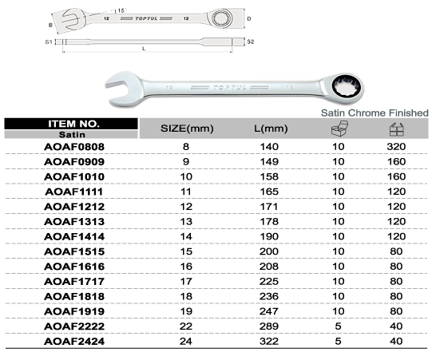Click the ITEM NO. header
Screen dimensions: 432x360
point(73,124)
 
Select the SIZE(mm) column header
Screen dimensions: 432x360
point(187,129)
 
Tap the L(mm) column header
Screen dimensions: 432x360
point(271,129)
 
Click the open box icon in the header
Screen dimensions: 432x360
point(339,129)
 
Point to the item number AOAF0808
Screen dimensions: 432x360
point(74,147)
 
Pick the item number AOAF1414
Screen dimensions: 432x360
point(74,236)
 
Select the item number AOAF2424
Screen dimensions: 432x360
point(74,342)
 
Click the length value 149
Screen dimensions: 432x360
point(269,162)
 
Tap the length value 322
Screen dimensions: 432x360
point(269,342)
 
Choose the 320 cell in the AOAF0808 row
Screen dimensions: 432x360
point(396,147)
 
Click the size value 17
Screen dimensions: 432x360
point(186,282)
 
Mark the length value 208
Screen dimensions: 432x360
point(269,267)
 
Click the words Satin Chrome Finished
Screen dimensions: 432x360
point(375,113)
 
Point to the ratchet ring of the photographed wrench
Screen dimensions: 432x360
point(347,89)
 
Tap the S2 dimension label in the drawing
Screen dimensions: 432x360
point(250,42)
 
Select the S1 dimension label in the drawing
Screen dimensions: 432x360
point(49,42)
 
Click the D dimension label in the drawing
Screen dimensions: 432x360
point(249,18)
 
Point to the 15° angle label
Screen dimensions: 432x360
point(121,10)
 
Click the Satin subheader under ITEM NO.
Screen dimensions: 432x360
point(72,135)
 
